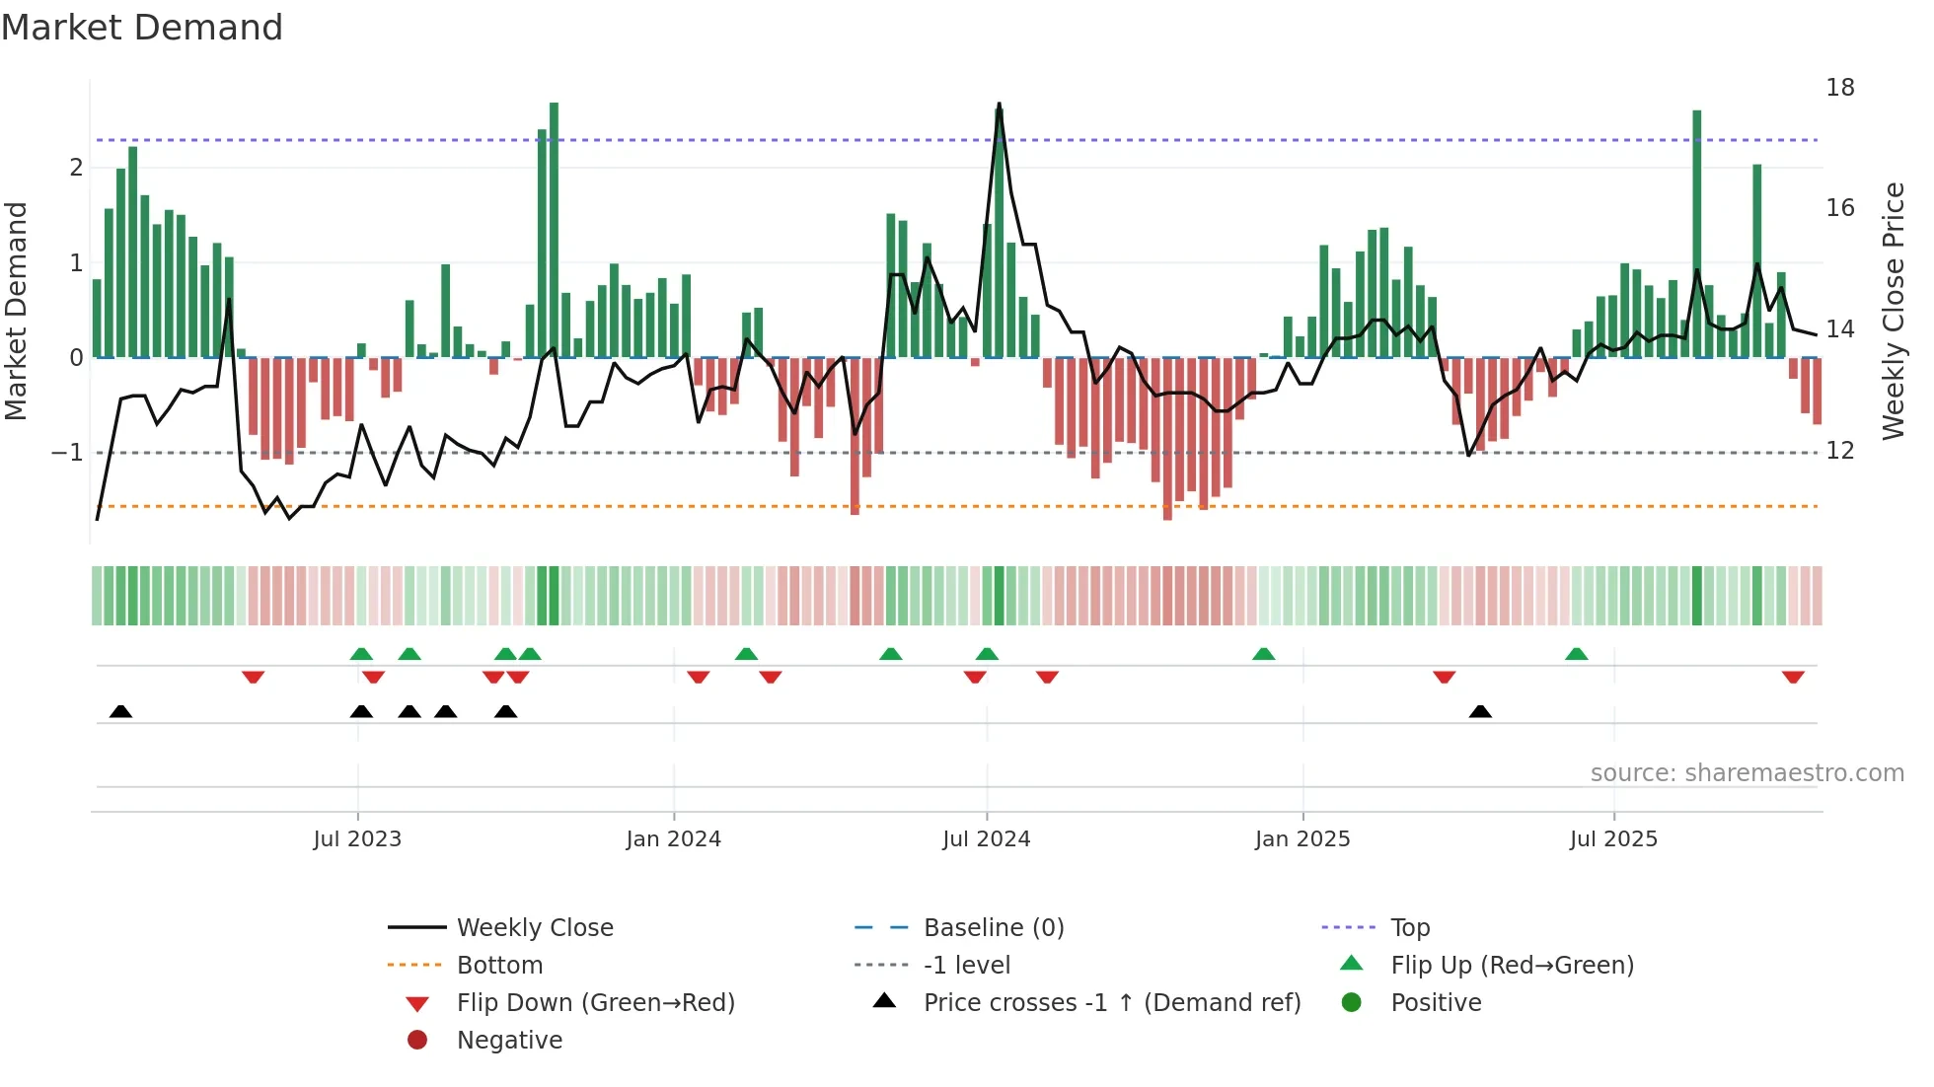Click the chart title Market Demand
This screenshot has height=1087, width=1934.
pos(142,28)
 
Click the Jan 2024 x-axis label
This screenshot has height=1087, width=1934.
pos(674,839)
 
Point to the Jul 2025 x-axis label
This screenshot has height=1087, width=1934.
pos(1613,839)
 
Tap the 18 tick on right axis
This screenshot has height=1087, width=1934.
pos(1839,88)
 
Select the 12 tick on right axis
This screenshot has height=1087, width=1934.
pos(1839,451)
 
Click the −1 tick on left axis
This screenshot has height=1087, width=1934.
pos(67,453)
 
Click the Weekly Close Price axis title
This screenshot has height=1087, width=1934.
pos(1893,311)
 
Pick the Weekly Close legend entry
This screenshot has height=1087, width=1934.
pos(534,928)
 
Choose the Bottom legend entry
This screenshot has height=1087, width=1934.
pos(499,966)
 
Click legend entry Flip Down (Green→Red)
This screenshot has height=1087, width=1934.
pos(595,1003)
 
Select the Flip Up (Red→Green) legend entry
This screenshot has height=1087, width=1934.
pos(1512,966)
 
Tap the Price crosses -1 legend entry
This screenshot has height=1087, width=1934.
pos(1111,1003)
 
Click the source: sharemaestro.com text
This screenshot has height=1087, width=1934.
pos(1747,773)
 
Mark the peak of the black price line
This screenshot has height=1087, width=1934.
pos(999,104)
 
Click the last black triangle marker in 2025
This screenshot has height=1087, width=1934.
pos(1480,711)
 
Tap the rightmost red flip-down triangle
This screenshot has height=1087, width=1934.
pos(1793,677)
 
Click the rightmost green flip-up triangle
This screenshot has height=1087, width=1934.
pos(1577,654)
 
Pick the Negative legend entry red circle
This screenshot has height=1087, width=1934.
pos(417,1041)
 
